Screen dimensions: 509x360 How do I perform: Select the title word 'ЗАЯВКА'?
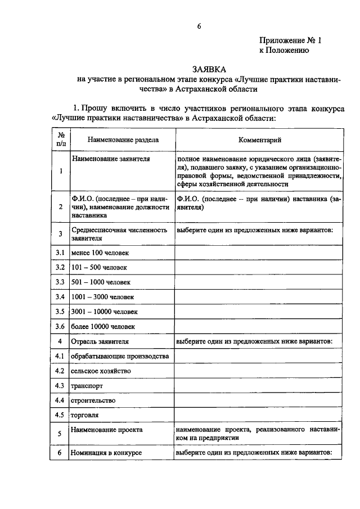tap(209, 69)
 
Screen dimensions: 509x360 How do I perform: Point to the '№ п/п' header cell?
tap(60, 139)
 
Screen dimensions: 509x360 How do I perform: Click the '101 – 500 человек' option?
tap(98, 267)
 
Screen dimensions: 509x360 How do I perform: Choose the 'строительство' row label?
tap(93, 400)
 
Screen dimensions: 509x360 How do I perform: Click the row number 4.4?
tap(60, 400)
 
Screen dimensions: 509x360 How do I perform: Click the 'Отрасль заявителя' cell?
tap(100, 341)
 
